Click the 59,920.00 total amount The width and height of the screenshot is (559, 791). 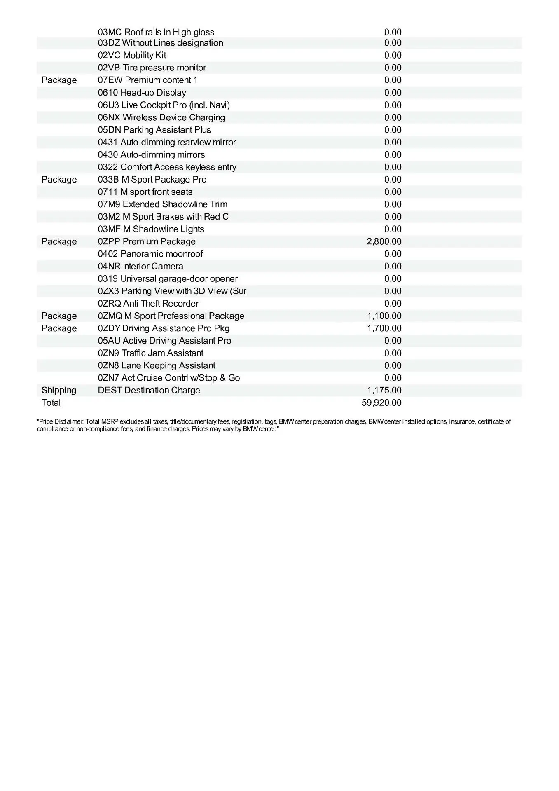click(381, 403)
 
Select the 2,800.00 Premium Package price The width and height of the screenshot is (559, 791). click(384, 241)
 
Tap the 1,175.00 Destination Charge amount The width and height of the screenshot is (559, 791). click(384, 390)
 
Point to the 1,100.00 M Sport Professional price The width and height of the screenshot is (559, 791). click(384, 316)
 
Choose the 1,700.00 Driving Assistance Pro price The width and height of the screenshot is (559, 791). click(384, 328)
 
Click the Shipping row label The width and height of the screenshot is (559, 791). click(59, 390)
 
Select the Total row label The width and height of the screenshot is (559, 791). click(51, 403)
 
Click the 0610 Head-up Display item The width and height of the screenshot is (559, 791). click(142, 93)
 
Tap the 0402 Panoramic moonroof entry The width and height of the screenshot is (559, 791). click(150, 254)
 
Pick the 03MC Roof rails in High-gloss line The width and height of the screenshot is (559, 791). click(156, 32)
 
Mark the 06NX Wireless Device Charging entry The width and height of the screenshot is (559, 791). click(161, 117)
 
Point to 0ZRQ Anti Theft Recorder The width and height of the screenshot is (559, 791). click(148, 304)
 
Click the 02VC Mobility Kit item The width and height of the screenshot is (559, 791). click(132, 55)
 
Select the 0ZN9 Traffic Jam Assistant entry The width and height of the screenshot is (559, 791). click(151, 353)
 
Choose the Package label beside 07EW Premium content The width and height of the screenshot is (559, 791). click(59, 80)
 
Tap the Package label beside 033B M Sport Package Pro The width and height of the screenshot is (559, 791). click(59, 179)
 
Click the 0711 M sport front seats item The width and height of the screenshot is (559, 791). click(145, 192)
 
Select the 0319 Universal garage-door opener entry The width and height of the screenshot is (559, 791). click(168, 278)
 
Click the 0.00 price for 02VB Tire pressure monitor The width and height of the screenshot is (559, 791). click(393, 68)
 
